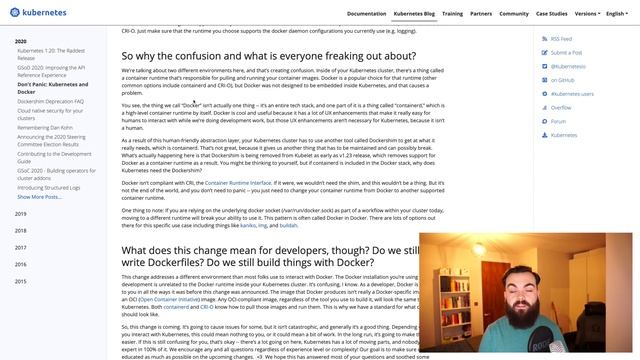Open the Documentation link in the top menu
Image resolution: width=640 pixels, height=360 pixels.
(x=366, y=14)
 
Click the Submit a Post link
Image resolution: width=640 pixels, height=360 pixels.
(x=566, y=52)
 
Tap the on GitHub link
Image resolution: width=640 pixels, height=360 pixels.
(x=562, y=79)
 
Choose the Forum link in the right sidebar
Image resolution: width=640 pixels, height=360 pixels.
(x=558, y=121)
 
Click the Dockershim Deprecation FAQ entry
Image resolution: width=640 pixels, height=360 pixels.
(x=51, y=101)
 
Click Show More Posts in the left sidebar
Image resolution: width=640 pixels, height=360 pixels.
(x=39, y=197)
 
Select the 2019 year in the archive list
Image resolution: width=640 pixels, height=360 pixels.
(x=21, y=214)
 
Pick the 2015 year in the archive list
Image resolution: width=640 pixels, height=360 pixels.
(x=21, y=282)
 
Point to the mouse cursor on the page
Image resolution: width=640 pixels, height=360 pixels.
(x=194, y=103)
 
